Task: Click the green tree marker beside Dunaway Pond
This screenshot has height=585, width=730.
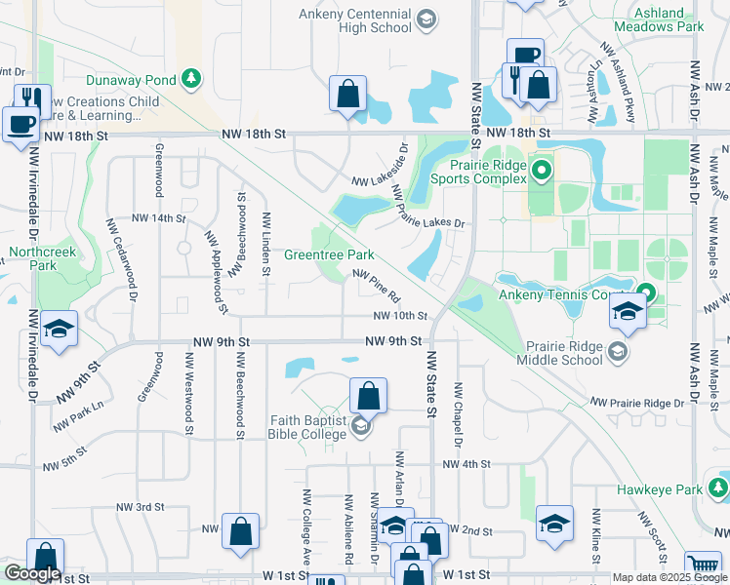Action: tap(193, 78)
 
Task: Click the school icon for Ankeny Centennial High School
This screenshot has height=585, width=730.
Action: tap(426, 19)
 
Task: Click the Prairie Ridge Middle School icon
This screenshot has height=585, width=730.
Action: tap(617, 352)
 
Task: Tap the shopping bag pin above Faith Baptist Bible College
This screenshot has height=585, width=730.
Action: tap(368, 396)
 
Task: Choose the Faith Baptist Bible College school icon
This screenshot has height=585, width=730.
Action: tap(361, 426)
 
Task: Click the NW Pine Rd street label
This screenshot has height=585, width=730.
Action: tap(377, 286)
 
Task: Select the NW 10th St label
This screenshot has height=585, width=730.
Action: tap(401, 316)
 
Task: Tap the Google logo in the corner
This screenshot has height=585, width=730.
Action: tap(32, 574)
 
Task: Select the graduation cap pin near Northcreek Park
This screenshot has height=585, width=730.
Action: tap(60, 330)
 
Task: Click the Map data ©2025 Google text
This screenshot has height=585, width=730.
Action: tap(669, 577)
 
